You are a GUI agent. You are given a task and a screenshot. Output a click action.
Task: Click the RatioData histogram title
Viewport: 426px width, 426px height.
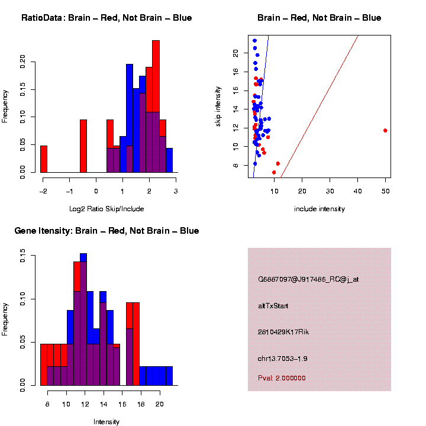[106, 18]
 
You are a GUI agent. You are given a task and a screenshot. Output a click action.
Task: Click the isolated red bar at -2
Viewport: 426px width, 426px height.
[44, 159]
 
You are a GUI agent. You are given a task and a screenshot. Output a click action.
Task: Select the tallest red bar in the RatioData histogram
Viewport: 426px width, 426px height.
[156, 106]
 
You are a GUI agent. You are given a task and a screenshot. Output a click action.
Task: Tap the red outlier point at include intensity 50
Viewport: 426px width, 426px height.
[385, 130]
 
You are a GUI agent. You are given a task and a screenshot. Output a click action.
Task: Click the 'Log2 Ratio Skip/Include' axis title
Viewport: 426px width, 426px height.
[106, 208]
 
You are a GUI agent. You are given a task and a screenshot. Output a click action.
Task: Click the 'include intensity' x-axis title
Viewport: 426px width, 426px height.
[319, 209]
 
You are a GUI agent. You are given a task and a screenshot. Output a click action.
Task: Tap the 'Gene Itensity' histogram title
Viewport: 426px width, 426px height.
[106, 231]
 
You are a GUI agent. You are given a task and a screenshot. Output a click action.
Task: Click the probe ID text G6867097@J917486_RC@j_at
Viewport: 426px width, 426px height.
[308, 279]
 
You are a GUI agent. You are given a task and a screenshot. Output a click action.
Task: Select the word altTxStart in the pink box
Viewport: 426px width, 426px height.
[273, 306]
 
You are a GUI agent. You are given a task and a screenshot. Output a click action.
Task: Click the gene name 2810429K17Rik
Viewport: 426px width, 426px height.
[283, 332]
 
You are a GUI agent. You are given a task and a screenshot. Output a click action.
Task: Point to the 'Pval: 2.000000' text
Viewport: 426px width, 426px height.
[282, 378]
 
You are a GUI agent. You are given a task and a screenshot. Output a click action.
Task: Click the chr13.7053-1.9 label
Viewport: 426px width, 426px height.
[283, 359]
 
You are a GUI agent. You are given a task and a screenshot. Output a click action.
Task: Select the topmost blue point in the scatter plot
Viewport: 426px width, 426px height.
[254, 41]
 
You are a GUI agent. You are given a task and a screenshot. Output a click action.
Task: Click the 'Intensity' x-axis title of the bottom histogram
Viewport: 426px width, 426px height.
[106, 422]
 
